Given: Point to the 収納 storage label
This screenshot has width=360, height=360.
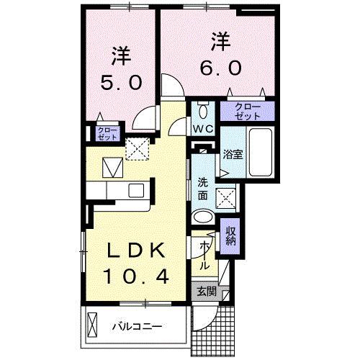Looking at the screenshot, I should tap(230, 235).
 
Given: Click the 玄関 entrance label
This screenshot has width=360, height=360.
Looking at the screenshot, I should tap(206, 292).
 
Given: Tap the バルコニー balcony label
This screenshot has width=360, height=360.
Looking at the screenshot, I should tap(136, 326).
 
